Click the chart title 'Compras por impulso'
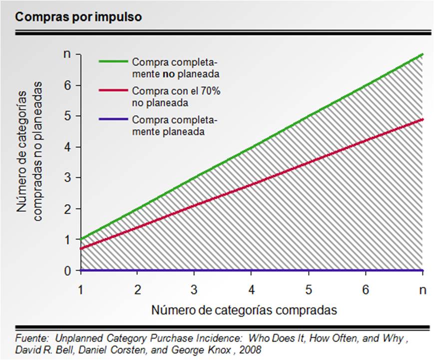(79, 17)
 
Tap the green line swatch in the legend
(113, 62)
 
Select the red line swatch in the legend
(113, 91)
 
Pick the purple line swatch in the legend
(113, 119)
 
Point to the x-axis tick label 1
(81, 289)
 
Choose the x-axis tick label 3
(195, 289)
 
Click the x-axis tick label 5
(309, 289)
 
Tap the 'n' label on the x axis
(423, 289)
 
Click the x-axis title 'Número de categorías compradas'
(244, 310)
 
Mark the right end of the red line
(423, 119)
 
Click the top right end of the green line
(423, 54)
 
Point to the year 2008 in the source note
(250, 349)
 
